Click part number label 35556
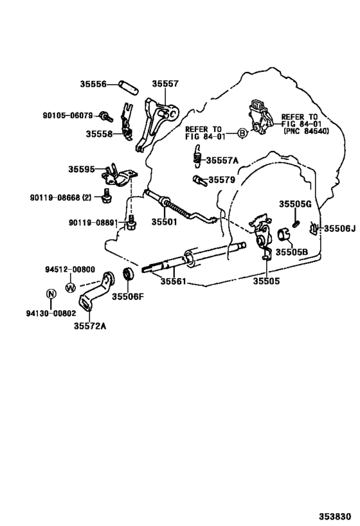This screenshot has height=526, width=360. point(93,84)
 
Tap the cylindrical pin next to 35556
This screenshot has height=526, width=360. point(128,88)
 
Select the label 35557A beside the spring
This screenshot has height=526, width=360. point(222,161)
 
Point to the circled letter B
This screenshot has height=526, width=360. point(242,133)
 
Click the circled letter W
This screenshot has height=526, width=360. point(71,288)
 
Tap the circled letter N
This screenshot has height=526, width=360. point(51,294)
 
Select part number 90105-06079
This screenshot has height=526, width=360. point(68,116)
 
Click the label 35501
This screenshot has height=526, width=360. point(164,222)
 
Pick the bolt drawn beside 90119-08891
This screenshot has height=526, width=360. point(131,222)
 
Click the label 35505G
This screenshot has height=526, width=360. point(296,204)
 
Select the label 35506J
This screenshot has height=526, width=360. point(339,229)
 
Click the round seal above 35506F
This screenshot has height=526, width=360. point(129,274)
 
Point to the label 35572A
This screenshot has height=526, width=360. point(90,326)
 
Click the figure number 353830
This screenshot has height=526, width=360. point(335,516)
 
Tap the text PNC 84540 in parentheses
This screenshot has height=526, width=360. point(307,131)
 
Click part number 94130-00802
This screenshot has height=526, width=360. point(51,313)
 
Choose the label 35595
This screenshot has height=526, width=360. point(82,169)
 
